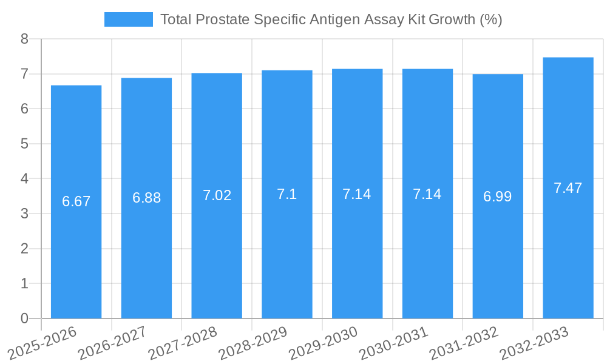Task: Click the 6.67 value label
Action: tap(76, 201)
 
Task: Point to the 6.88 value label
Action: tap(147, 198)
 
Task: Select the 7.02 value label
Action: tap(217, 195)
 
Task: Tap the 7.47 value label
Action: tap(568, 188)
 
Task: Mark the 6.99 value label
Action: tap(498, 197)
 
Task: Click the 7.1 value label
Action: tap(287, 194)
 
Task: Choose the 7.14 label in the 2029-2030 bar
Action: tap(357, 194)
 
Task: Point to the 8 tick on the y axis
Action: tap(24, 39)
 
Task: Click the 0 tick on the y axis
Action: tap(24, 318)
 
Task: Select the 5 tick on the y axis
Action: tap(24, 144)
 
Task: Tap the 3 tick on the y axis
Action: tap(24, 214)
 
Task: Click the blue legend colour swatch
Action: tap(129, 19)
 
